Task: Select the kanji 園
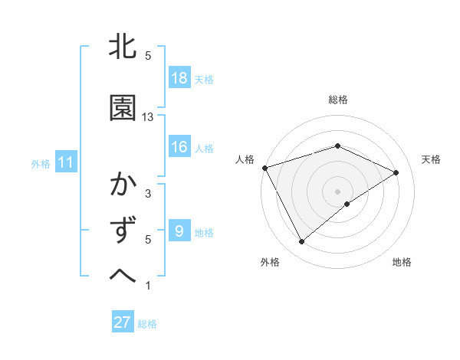point(123,110)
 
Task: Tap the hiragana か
point(123,186)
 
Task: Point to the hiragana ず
point(123,229)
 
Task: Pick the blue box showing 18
point(179,78)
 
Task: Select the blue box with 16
point(179,147)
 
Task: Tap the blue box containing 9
point(179,231)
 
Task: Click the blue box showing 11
point(64,162)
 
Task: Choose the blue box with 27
point(123,322)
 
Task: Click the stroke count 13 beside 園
point(148,116)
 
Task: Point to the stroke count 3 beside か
point(148,194)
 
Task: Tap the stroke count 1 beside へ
point(148,286)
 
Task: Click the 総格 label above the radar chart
point(338,100)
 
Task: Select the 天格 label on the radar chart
point(432,159)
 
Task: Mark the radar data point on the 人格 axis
point(264,167)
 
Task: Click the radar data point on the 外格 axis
point(301,242)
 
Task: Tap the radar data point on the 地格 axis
point(347,204)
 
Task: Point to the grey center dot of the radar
point(338,191)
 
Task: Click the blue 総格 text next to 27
point(147,324)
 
